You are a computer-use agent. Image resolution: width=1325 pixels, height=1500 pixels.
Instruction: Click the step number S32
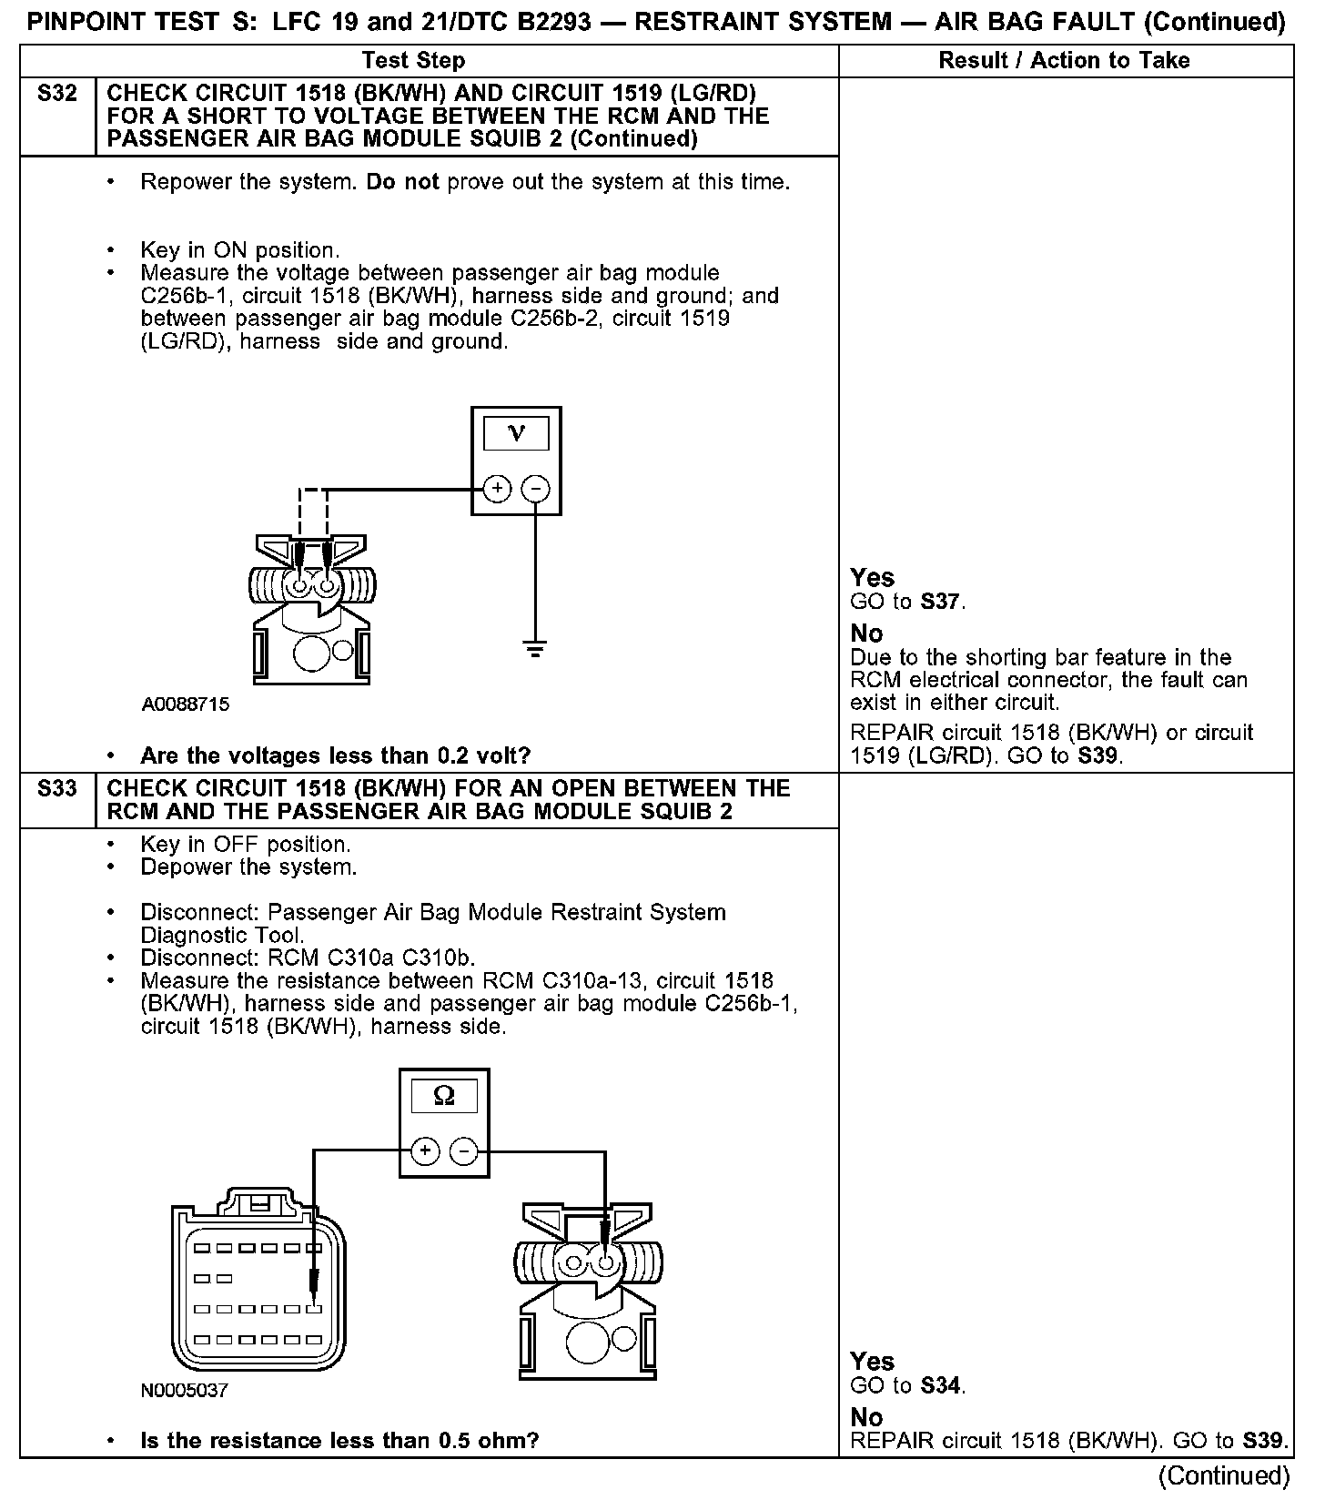point(56,94)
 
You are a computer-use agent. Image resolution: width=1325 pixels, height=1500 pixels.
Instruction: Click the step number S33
point(56,789)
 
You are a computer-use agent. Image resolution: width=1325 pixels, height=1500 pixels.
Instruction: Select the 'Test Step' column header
point(413,61)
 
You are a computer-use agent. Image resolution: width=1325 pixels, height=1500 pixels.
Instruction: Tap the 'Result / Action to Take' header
point(1064,61)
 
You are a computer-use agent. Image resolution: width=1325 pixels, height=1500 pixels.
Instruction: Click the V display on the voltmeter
point(516,433)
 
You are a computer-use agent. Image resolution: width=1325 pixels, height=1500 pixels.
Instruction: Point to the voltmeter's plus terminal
point(497,490)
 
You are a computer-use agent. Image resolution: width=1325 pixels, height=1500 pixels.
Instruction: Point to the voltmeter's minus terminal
point(535,490)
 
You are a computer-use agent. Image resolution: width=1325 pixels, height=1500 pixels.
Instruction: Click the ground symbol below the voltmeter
point(535,650)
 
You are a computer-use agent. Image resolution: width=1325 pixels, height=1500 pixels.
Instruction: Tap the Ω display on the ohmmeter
point(444,1095)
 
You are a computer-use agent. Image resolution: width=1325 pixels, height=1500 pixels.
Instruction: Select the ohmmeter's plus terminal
point(425,1151)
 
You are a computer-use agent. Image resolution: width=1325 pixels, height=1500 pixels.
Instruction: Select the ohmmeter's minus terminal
point(464,1151)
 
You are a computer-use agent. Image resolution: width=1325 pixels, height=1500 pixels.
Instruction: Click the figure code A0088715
point(186,704)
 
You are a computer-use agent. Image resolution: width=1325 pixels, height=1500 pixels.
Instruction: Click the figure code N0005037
point(185,1391)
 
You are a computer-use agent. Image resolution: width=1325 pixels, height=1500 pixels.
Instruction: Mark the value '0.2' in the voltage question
point(452,756)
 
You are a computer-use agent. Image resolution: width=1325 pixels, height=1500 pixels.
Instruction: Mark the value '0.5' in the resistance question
point(454,1441)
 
